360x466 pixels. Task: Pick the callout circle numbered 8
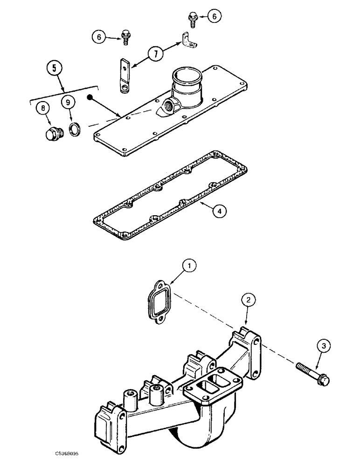(x=44, y=109)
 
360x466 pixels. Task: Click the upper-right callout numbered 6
(x=214, y=16)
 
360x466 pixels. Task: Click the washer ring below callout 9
(x=74, y=129)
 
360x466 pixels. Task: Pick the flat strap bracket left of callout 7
(x=124, y=75)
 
